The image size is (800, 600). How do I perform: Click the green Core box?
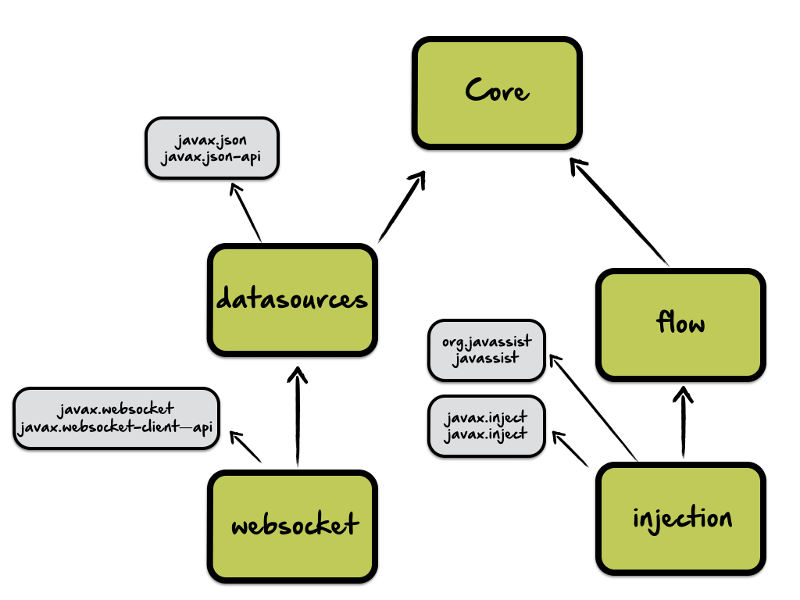point(497,93)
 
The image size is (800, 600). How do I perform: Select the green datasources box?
point(292,300)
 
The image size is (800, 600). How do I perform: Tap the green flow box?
point(680,323)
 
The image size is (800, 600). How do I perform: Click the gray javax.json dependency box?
point(212,148)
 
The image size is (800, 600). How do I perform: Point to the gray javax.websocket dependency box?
point(116,418)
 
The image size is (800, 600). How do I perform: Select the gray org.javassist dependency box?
point(486,349)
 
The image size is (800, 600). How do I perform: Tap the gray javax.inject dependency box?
point(485,427)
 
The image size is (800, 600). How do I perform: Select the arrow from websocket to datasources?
point(296,418)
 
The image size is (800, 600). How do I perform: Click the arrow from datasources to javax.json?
point(247,212)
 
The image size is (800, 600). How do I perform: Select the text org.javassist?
point(486,341)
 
